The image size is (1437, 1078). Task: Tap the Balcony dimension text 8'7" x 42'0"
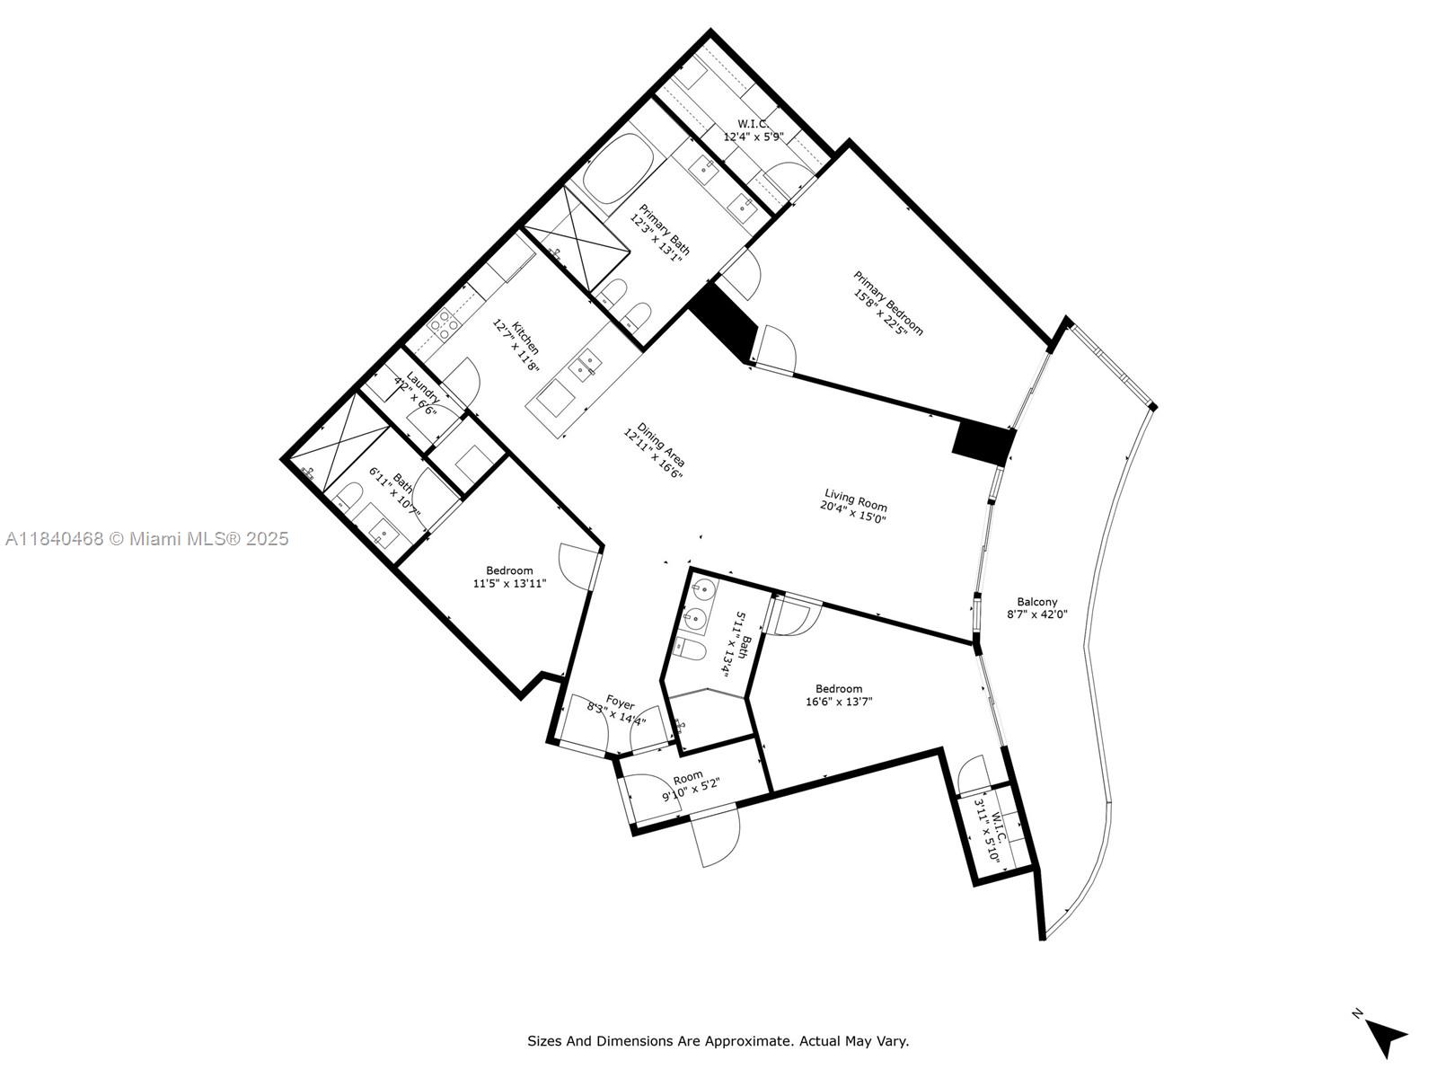[x=1036, y=615]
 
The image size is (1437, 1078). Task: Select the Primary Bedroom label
[x=888, y=303]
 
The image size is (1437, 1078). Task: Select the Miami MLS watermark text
[x=146, y=539]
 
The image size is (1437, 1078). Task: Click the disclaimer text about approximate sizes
[x=718, y=1041]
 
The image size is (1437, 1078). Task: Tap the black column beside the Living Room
[x=983, y=443]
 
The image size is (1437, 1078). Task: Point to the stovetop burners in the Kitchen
[x=445, y=324]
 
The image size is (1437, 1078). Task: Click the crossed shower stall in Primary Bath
[x=576, y=240]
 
